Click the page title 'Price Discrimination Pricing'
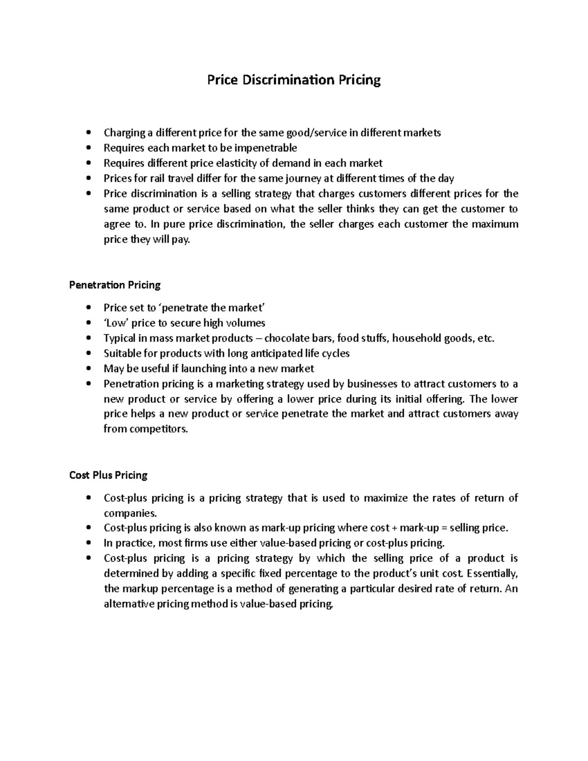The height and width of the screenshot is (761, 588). click(x=294, y=80)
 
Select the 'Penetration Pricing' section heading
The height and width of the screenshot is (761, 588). click(x=115, y=285)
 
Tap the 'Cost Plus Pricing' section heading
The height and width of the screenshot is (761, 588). click(x=108, y=475)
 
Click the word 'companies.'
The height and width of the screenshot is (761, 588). click(x=131, y=514)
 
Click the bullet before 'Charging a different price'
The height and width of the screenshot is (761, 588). click(x=88, y=133)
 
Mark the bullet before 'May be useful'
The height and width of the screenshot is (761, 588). click(x=88, y=368)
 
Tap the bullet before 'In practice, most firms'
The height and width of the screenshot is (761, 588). click(x=88, y=543)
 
